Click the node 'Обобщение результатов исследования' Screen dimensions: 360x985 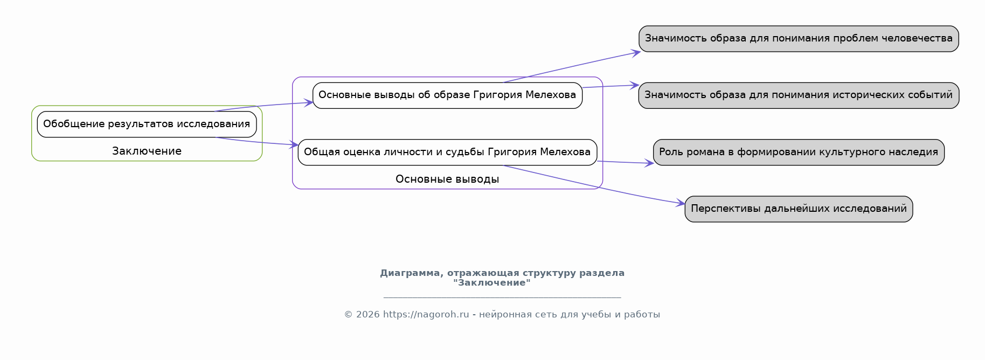pyautogui.click(x=147, y=124)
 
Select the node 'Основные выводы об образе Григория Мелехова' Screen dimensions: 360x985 pyautogui.click(x=447, y=95)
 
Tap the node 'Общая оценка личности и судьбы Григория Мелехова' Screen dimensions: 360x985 pyautogui.click(x=447, y=152)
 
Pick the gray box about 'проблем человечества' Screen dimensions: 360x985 pyautogui.click(x=799, y=39)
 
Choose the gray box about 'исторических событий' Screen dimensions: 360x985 pyautogui.click(x=799, y=95)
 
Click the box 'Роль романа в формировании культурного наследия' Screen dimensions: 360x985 pyautogui.click(x=799, y=152)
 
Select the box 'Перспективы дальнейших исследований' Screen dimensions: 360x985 pyautogui.click(x=799, y=209)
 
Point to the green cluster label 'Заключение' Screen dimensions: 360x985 pyautogui.click(x=147, y=151)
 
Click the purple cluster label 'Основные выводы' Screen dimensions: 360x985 pyautogui.click(x=447, y=179)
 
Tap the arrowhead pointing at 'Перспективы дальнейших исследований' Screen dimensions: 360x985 pyautogui.click(x=681, y=204)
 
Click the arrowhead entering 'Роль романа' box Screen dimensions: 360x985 pyautogui.click(x=649, y=163)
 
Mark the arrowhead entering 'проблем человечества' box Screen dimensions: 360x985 pyautogui.click(x=636, y=52)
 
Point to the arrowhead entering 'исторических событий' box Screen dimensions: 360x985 pyautogui.click(x=635, y=85)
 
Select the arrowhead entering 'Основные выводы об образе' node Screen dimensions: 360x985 pyautogui.click(x=309, y=102)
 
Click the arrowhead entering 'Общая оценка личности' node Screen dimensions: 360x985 pyautogui.click(x=294, y=144)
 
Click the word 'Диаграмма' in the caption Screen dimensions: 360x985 pyautogui.click(x=411, y=273)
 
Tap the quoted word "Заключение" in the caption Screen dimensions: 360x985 pyautogui.click(x=491, y=283)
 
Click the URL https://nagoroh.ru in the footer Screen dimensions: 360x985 pyautogui.click(x=426, y=315)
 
